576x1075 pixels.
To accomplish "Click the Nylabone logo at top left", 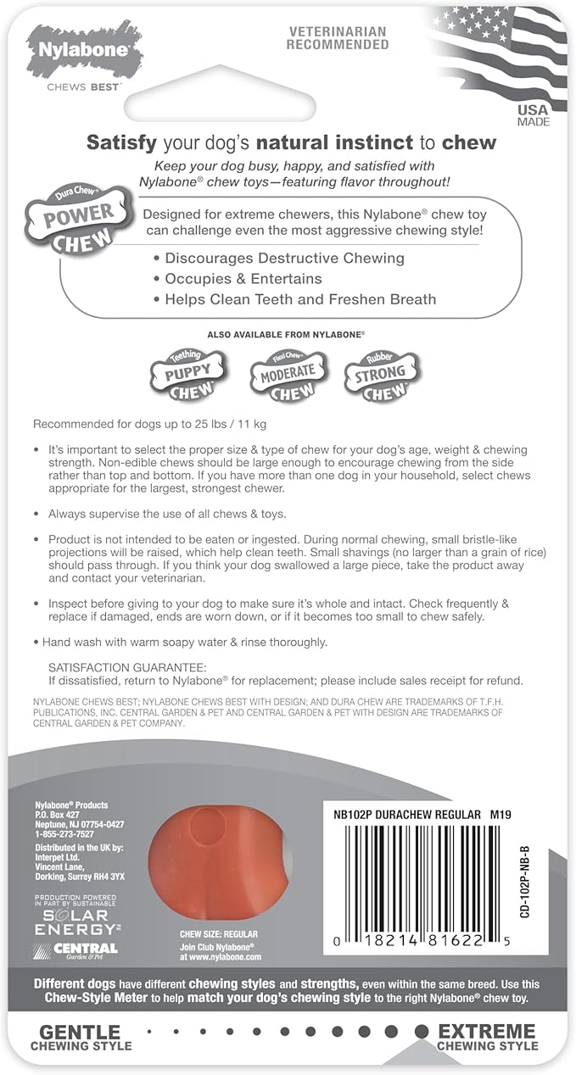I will point(82,51).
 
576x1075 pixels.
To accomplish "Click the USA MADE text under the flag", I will point(533,116).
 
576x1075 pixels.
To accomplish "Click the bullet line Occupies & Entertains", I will point(243,279).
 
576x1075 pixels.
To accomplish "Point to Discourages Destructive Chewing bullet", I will point(284,259).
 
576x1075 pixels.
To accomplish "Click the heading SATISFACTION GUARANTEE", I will point(127,667).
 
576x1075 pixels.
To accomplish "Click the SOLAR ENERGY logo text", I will point(71,922).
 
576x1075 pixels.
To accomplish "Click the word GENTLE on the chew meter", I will point(81,1032).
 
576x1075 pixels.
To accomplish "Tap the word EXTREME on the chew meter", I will point(487,1032).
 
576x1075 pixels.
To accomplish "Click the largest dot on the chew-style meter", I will point(421,1032).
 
